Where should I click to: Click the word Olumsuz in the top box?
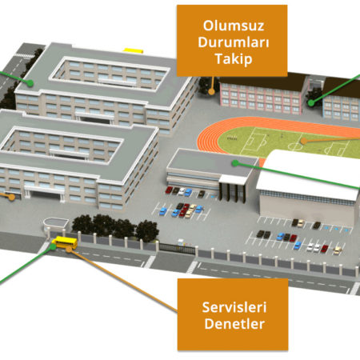pyautogui.click(x=234, y=26)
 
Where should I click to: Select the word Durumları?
pyautogui.click(x=234, y=42)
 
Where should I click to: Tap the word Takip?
pyautogui.click(x=234, y=59)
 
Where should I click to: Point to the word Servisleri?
pyautogui.click(x=234, y=307)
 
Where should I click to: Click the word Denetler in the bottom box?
pyautogui.click(x=234, y=324)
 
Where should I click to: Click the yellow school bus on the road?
pyautogui.click(x=65, y=242)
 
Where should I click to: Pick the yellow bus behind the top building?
pyautogui.click(x=133, y=50)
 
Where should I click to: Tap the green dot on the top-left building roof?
pyautogui.click(x=30, y=83)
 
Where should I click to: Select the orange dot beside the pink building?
pyautogui.click(x=211, y=91)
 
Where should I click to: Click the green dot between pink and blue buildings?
pyautogui.click(x=311, y=103)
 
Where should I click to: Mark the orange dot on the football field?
pyautogui.click(x=303, y=141)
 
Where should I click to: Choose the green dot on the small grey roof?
pyautogui.click(x=235, y=163)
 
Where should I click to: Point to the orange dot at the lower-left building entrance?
pyautogui.click(x=11, y=197)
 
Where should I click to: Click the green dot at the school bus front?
pyautogui.click(x=53, y=246)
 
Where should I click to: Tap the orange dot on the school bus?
pyautogui.click(x=69, y=250)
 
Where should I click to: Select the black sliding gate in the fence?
pyautogui.click(x=177, y=249)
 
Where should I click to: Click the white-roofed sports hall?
pyautogui.click(x=306, y=186)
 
